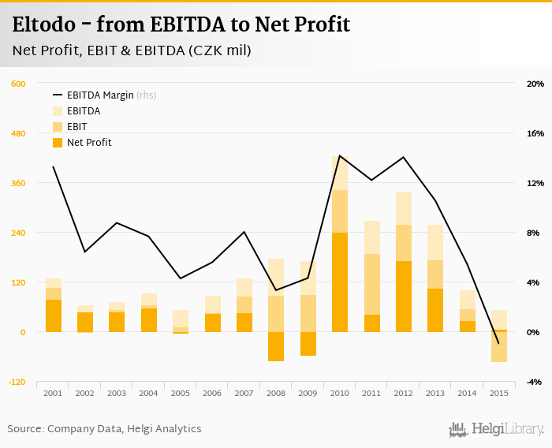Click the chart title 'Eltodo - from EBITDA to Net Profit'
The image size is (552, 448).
pos(181,24)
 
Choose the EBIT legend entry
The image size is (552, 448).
pos(76,127)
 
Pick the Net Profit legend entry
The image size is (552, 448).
pos(88,143)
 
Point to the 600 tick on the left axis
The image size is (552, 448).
pos(19,84)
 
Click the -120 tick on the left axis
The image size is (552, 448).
pos(17,382)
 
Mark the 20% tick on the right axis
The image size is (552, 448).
pos(535,84)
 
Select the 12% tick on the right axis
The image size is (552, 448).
pos(535,183)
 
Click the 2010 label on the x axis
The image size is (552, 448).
pos(340,393)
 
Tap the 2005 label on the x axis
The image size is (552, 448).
pos(181,393)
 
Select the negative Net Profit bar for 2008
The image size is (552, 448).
pos(276,346)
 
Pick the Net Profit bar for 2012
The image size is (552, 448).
pos(404,297)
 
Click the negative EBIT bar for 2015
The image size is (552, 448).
pos(499,347)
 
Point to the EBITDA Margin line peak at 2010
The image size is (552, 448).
pos(340,155)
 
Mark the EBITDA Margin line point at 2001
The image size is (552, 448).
pos(54,166)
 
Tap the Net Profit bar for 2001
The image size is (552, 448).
pos(54,315)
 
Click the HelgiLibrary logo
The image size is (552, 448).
pos(496,429)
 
